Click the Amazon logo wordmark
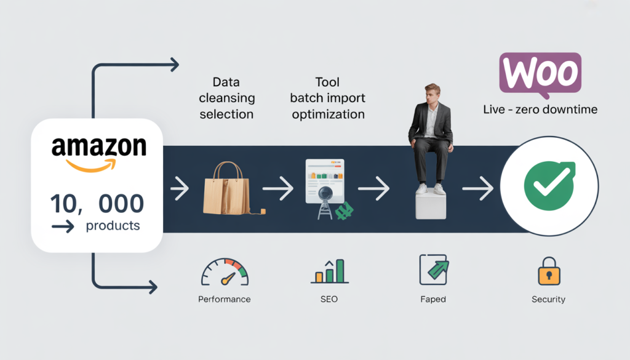pos(98,148)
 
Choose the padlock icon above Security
pos(548,271)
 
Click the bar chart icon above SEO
pos(329,271)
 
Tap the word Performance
pos(224,299)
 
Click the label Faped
pos(433,299)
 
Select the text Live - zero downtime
pos(540,110)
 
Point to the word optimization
pos(328,114)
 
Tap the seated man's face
pos(433,97)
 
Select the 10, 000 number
pos(98,203)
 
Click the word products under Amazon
pos(113,226)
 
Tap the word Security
pos(548,299)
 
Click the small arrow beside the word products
pos(63,227)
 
